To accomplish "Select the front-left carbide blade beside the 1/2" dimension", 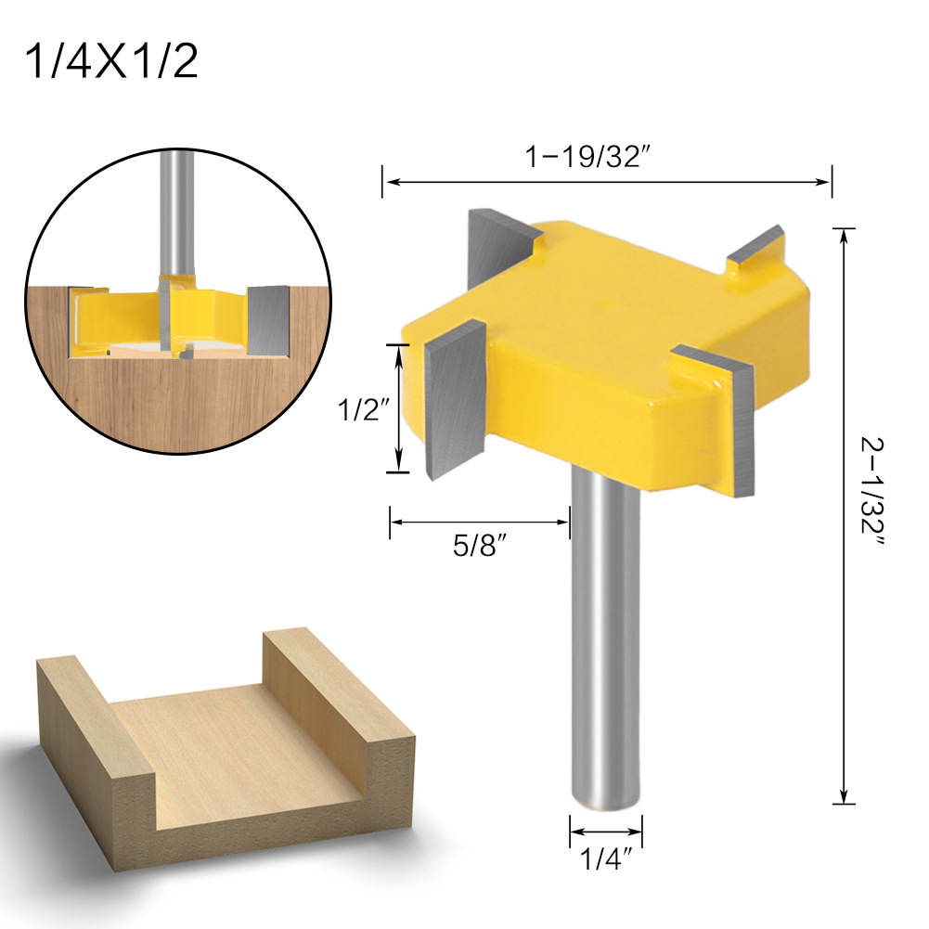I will [x=455, y=399].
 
